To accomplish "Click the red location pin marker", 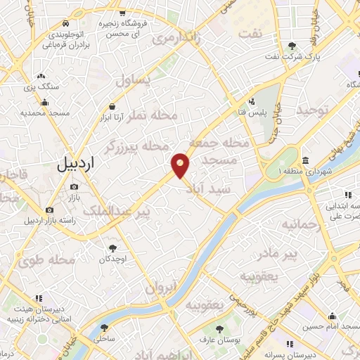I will click(181, 165).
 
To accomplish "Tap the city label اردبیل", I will click(75, 167).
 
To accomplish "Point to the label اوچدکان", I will click(112, 259).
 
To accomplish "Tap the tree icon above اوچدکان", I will click(112, 247).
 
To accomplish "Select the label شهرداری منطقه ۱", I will click(304, 171).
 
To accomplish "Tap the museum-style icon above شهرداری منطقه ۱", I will click(306, 160).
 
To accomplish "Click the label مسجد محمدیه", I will click(44, 112).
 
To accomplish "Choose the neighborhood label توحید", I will click(313, 110).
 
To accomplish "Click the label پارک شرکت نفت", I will click(288, 56).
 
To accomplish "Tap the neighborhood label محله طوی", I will click(48, 260).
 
